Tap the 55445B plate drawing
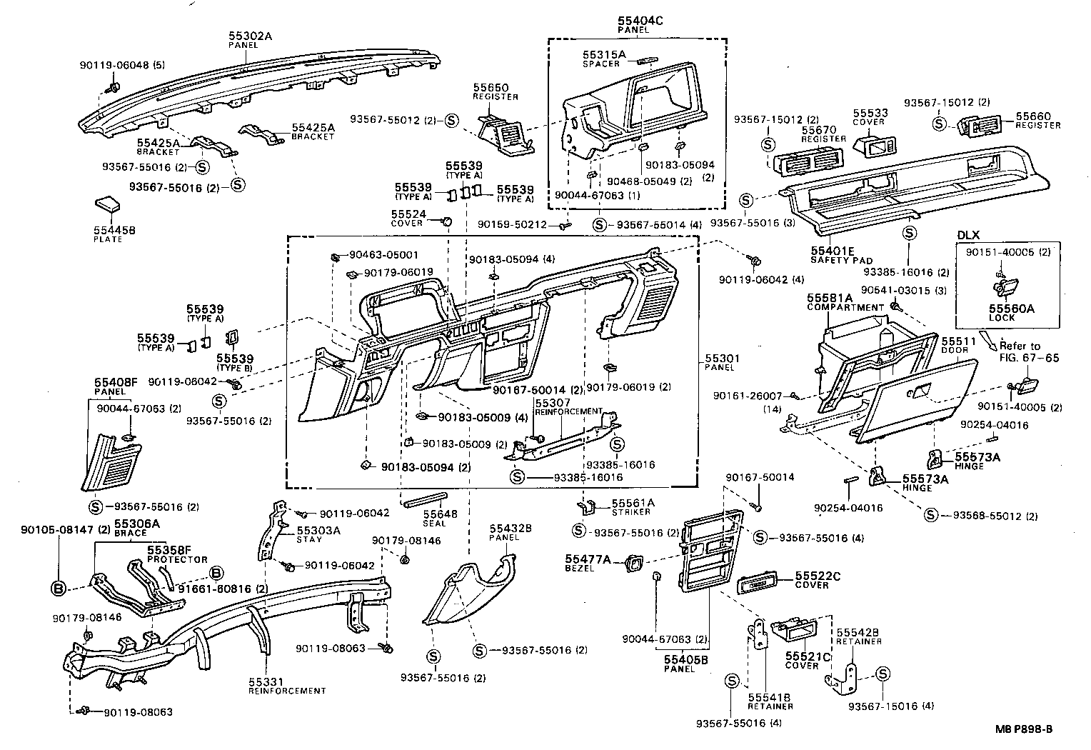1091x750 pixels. tap(109, 205)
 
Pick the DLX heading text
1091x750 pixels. tap(968, 234)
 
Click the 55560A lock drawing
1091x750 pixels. tap(1006, 287)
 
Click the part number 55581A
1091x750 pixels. tap(830, 298)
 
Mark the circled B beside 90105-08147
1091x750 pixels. tap(59, 589)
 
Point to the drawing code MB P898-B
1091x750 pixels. tap(1025, 729)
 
